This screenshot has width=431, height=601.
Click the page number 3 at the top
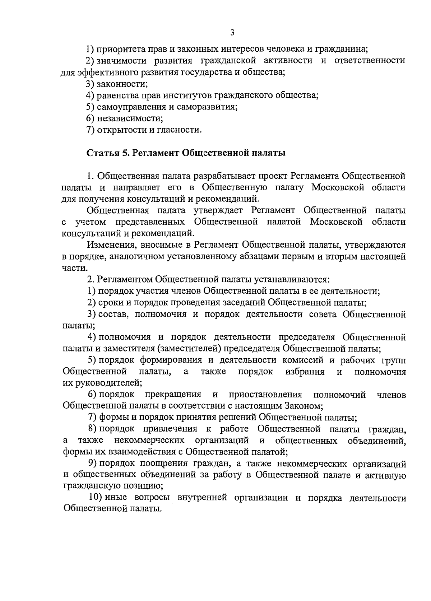(232, 33)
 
